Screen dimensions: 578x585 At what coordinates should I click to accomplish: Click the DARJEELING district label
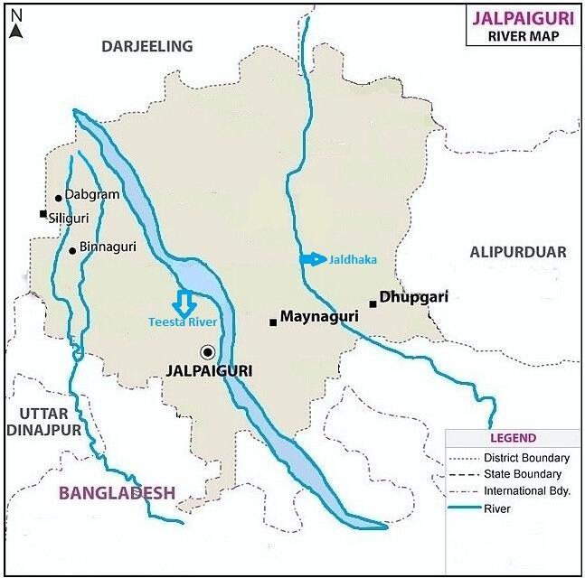(x=147, y=46)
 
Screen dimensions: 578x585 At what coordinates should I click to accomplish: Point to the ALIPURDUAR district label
(x=518, y=253)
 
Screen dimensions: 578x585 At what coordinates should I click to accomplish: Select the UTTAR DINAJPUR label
(x=44, y=422)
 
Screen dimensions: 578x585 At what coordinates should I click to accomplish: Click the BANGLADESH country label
(x=117, y=493)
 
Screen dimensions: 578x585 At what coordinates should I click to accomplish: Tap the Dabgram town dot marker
(x=58, y=198)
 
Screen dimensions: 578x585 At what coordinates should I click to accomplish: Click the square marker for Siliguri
(x=42, y=214)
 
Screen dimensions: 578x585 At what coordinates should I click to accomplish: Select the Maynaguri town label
(x=319, y=317)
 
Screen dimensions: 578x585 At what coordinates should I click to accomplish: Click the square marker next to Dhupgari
(x=373, y=304)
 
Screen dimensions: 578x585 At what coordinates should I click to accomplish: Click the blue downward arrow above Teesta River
(x=184, y=303)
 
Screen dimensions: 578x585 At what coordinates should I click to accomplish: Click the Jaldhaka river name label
(x=353, y=260)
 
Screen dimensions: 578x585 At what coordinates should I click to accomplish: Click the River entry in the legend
(x=497, y=509)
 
